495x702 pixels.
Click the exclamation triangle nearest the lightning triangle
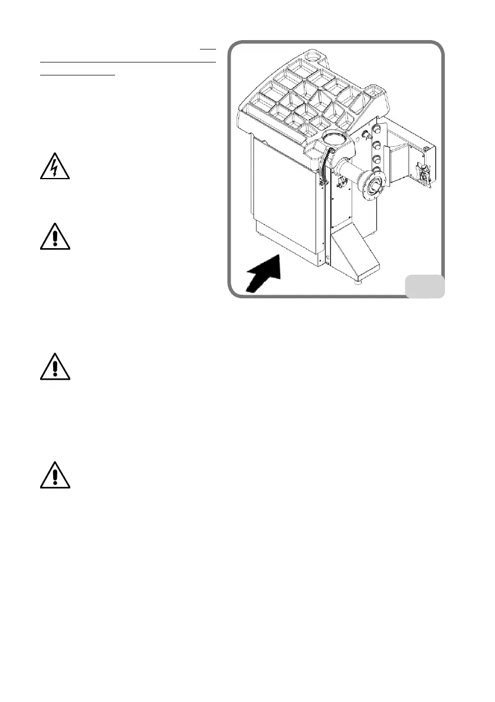[x=54, y=237]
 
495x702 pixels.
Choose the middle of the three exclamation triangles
[x=54, y=367]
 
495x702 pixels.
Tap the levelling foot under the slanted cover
[x=358, y=282]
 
